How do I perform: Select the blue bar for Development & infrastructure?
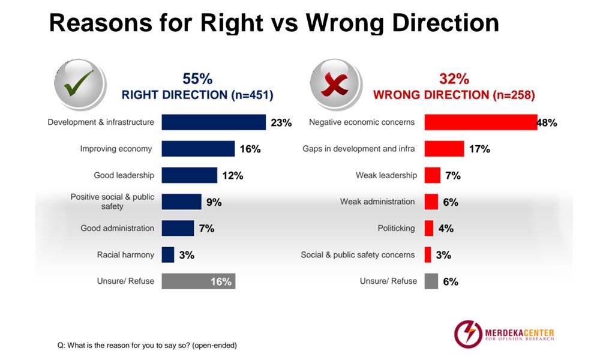(214, 122)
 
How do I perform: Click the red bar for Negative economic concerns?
(481, 122)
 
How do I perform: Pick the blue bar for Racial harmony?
(167, 254)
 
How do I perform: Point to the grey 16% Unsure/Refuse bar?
(198, 281)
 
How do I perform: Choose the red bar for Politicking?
(429, 228)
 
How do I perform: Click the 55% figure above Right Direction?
(197, 79)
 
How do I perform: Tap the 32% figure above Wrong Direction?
(454, 79)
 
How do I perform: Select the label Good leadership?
(124, 175)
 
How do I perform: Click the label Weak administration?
(377, 202)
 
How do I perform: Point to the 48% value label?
(547, 122)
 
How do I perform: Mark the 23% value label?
(281, 122)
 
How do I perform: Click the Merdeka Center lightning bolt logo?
(468, 334)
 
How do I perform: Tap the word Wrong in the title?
(345, 23)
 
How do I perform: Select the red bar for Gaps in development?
(444, 148)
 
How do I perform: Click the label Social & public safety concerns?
(358, 255)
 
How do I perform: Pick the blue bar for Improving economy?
(198, 148)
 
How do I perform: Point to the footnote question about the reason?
(147, 346)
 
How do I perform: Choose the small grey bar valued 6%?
(431, 281)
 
